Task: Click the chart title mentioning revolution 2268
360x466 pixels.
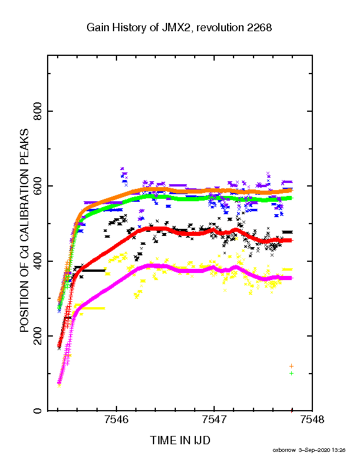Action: pyautogui.click(x=179, y=28)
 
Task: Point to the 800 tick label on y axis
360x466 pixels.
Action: pyautogui.click(x=38, y=111)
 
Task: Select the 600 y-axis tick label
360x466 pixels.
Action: pyautogui.click(x=38, y=186)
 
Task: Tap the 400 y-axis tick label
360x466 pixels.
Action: pyautogui.click(x=38, y=261)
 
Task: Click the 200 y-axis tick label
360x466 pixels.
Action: pyautogui.click(x=38, y=336)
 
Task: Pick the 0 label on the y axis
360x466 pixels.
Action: pyautogui.click(x=38, y=411)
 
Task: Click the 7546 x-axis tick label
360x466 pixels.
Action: pyautogui.click(x=116, y=420)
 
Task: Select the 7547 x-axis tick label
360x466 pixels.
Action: pyautogui.click(x=214, y=420)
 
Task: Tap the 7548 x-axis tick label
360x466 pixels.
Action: pyautogui.click(x=312, y=420)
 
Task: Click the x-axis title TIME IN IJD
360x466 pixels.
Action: pyautogui.click(x=180, y=440)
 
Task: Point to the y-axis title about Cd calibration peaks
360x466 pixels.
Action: pyautogui.click(x=24, y=230)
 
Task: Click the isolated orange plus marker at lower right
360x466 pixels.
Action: pyautogui.click(x=291, y=366)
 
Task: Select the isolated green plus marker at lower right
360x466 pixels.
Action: pyautogui.click(x=291, y=373)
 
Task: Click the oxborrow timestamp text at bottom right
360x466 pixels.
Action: pyautogui.click(x=309, y=450)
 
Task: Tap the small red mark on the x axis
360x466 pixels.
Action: pyautogui.click(x=292, y=411)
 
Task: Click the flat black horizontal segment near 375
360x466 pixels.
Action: pyautogui.click(x=94, y=271)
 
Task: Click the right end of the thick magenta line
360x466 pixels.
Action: pyautogui.click(x=292, y=278)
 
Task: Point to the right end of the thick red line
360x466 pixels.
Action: pyautogui.click(x=292, y=241)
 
